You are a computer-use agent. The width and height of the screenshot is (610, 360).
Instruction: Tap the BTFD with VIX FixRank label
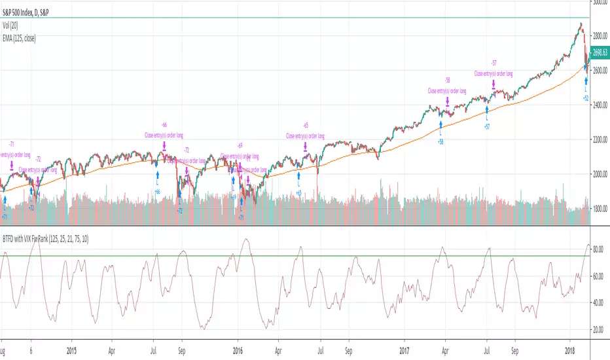click(x=46, y=239)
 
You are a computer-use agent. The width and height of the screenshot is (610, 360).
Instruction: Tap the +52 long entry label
click(x=586, y=98)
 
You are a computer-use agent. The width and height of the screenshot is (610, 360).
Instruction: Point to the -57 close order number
click(x=493, y=62)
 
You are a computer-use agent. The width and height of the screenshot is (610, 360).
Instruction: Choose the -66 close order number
click(x=164, y=124)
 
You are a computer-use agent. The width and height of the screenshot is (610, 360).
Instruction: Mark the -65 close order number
click(x=305, y=125)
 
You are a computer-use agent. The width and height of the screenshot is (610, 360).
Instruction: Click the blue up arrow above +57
click(x=486, y=109)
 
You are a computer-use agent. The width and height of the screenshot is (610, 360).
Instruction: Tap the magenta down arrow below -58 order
click(x=447, y=101)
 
